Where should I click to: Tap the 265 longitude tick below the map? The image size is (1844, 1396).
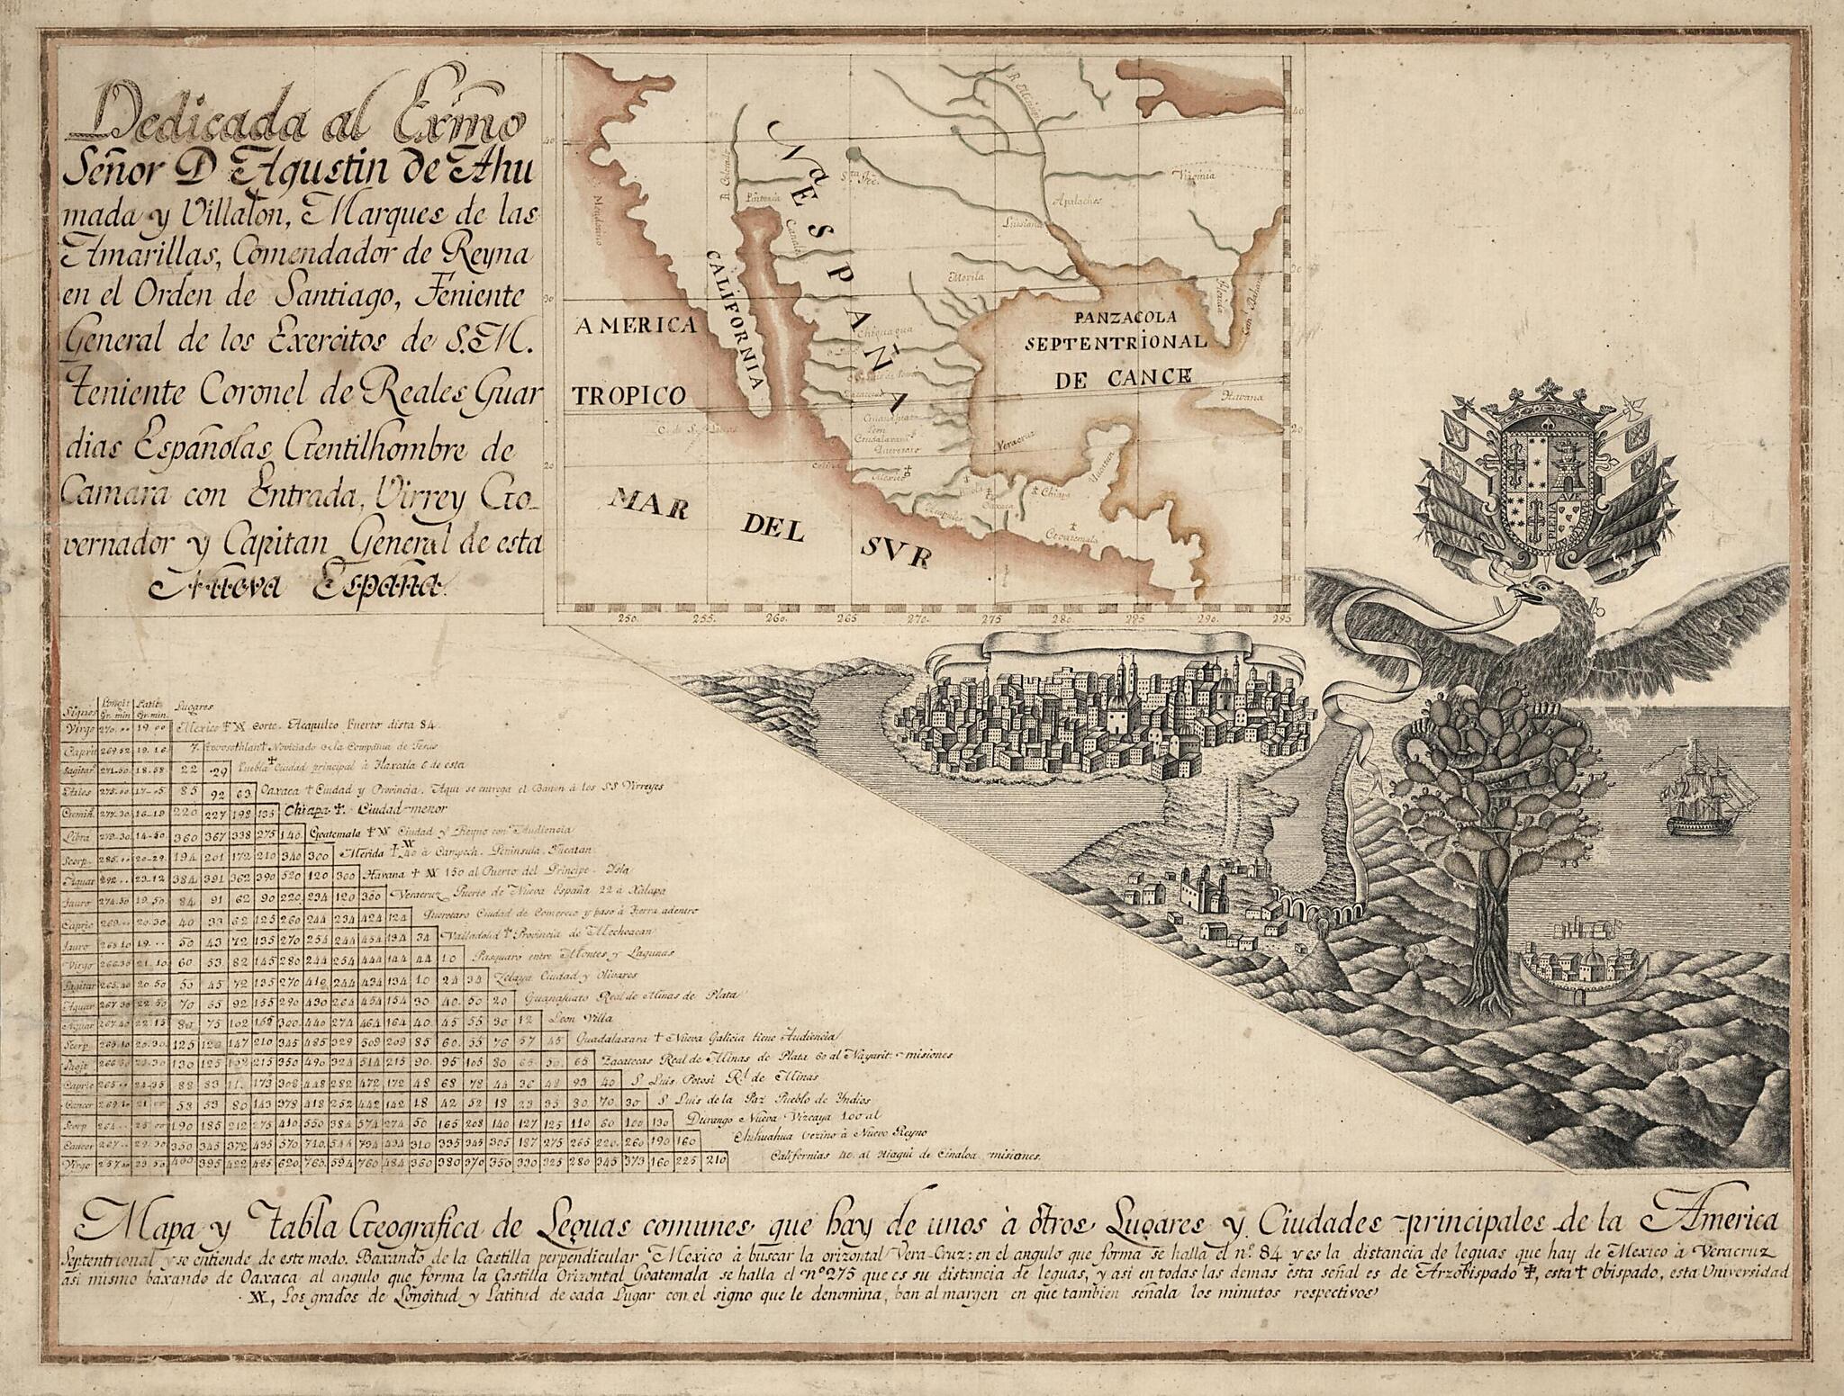click(x=848, y=619)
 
